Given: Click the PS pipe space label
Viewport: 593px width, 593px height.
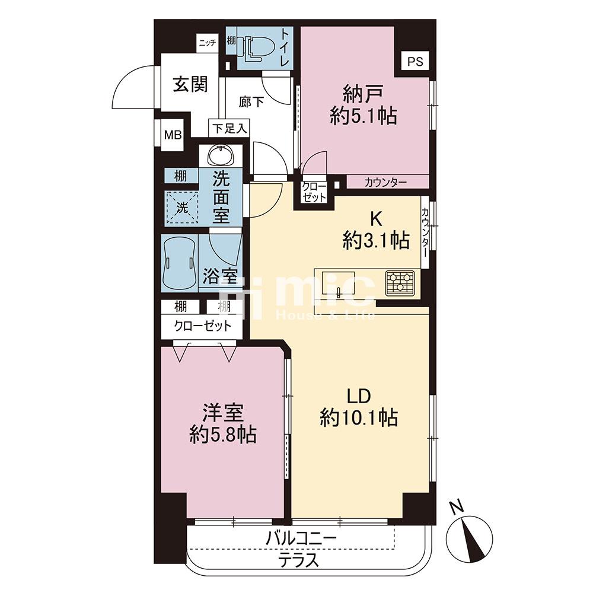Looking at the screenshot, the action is [x=415, y=61].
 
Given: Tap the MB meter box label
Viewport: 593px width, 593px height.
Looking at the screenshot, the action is [x=173, y=135].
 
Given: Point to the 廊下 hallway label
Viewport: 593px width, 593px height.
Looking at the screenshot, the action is [x=251, y=102].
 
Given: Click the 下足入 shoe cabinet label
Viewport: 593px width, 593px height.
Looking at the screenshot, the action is [x=229, y=129].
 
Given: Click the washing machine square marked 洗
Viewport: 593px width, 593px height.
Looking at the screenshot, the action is [x=182, y=207].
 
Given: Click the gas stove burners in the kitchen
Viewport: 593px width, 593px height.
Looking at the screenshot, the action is [x=400, y=283].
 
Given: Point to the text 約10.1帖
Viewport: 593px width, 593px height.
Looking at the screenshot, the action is [x=359, y=418].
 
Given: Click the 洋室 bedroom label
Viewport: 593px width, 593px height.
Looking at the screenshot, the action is [x=222, y=413].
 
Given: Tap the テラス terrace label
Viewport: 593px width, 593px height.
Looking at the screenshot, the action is [x=299, y=560].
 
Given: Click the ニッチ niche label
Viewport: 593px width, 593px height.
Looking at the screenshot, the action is [x=208, y=43].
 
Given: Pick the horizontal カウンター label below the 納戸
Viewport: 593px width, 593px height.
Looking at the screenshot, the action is [x=386, y=183].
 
